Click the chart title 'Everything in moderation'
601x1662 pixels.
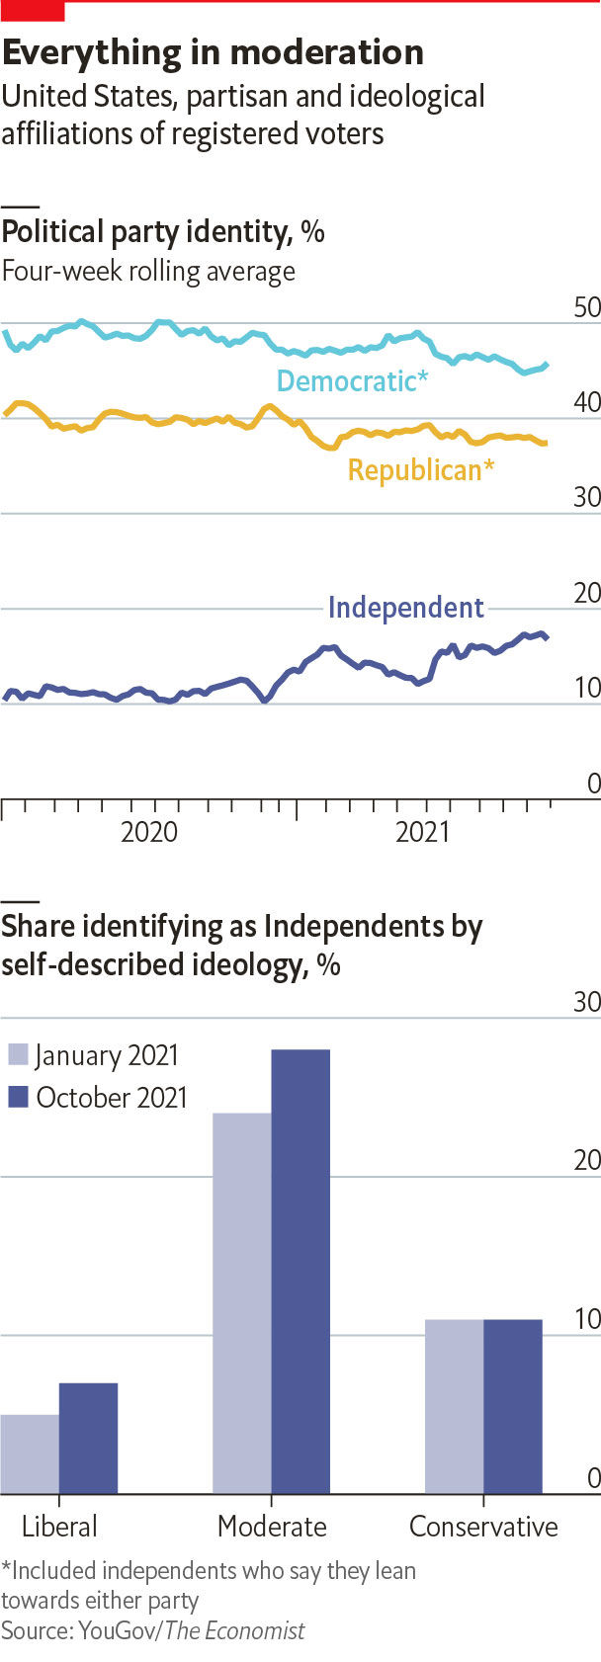click(x=213, y=52)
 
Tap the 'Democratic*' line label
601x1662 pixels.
click(x=352, y=380)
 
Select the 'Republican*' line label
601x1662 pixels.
click(x=420, y=469)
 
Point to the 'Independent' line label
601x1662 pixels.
click(x=405, y=607)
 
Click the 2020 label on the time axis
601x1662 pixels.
click(x=149, y=831)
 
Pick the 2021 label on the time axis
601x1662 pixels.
click(x=422, y=831)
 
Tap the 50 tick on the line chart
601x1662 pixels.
click(x=586, y=307)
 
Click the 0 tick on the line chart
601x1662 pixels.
click(x=593, y=784)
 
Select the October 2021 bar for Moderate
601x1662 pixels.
click(x=300, y=1271)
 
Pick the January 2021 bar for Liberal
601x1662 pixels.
click(x=30, y=1454)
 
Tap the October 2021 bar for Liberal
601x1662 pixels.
click(x=88, y=1438)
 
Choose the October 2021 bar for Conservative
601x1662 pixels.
click(x=513, y=1406)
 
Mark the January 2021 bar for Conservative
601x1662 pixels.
click(x=455, y=1406)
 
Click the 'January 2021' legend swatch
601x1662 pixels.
click(x=19, y=1054)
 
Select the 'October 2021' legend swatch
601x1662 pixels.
click(x=19, y=1097)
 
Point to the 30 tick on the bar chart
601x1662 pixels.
click(x=586, y=1002)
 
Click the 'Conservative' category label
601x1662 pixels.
click(x=483, y=1527)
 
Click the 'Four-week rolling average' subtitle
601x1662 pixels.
click(x=148, y=271)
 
